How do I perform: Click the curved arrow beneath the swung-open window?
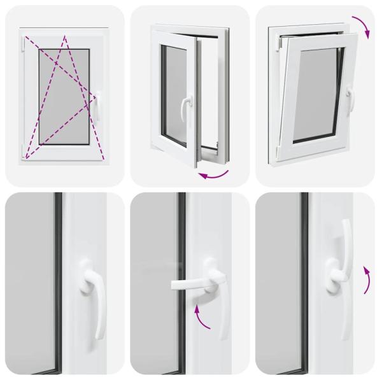(x=214, y=173)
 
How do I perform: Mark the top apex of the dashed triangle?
(x=65, y=35)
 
